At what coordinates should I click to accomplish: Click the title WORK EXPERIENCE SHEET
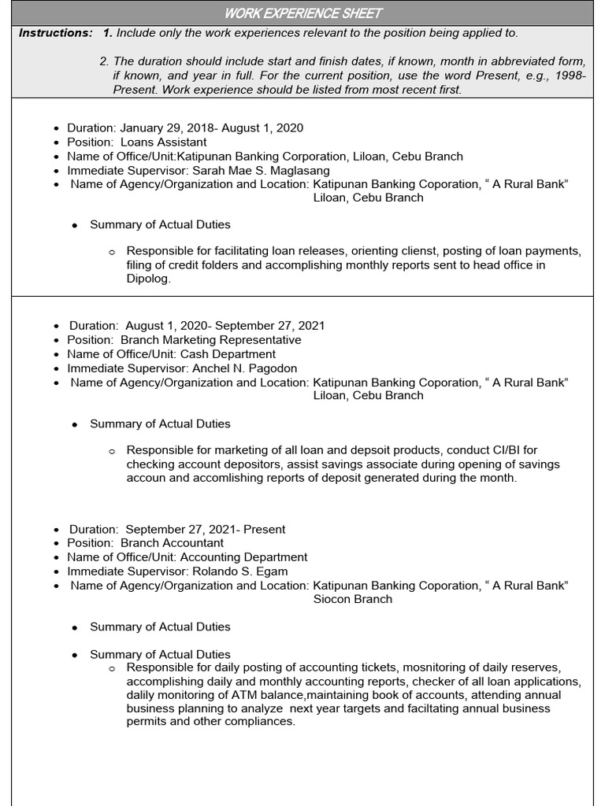pos(303,13)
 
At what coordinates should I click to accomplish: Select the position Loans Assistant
pos(163,142)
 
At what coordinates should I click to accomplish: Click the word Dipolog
pos(148,279)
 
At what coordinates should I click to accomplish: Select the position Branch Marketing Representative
pos(210,340)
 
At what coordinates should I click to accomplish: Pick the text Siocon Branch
pos(352,599)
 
